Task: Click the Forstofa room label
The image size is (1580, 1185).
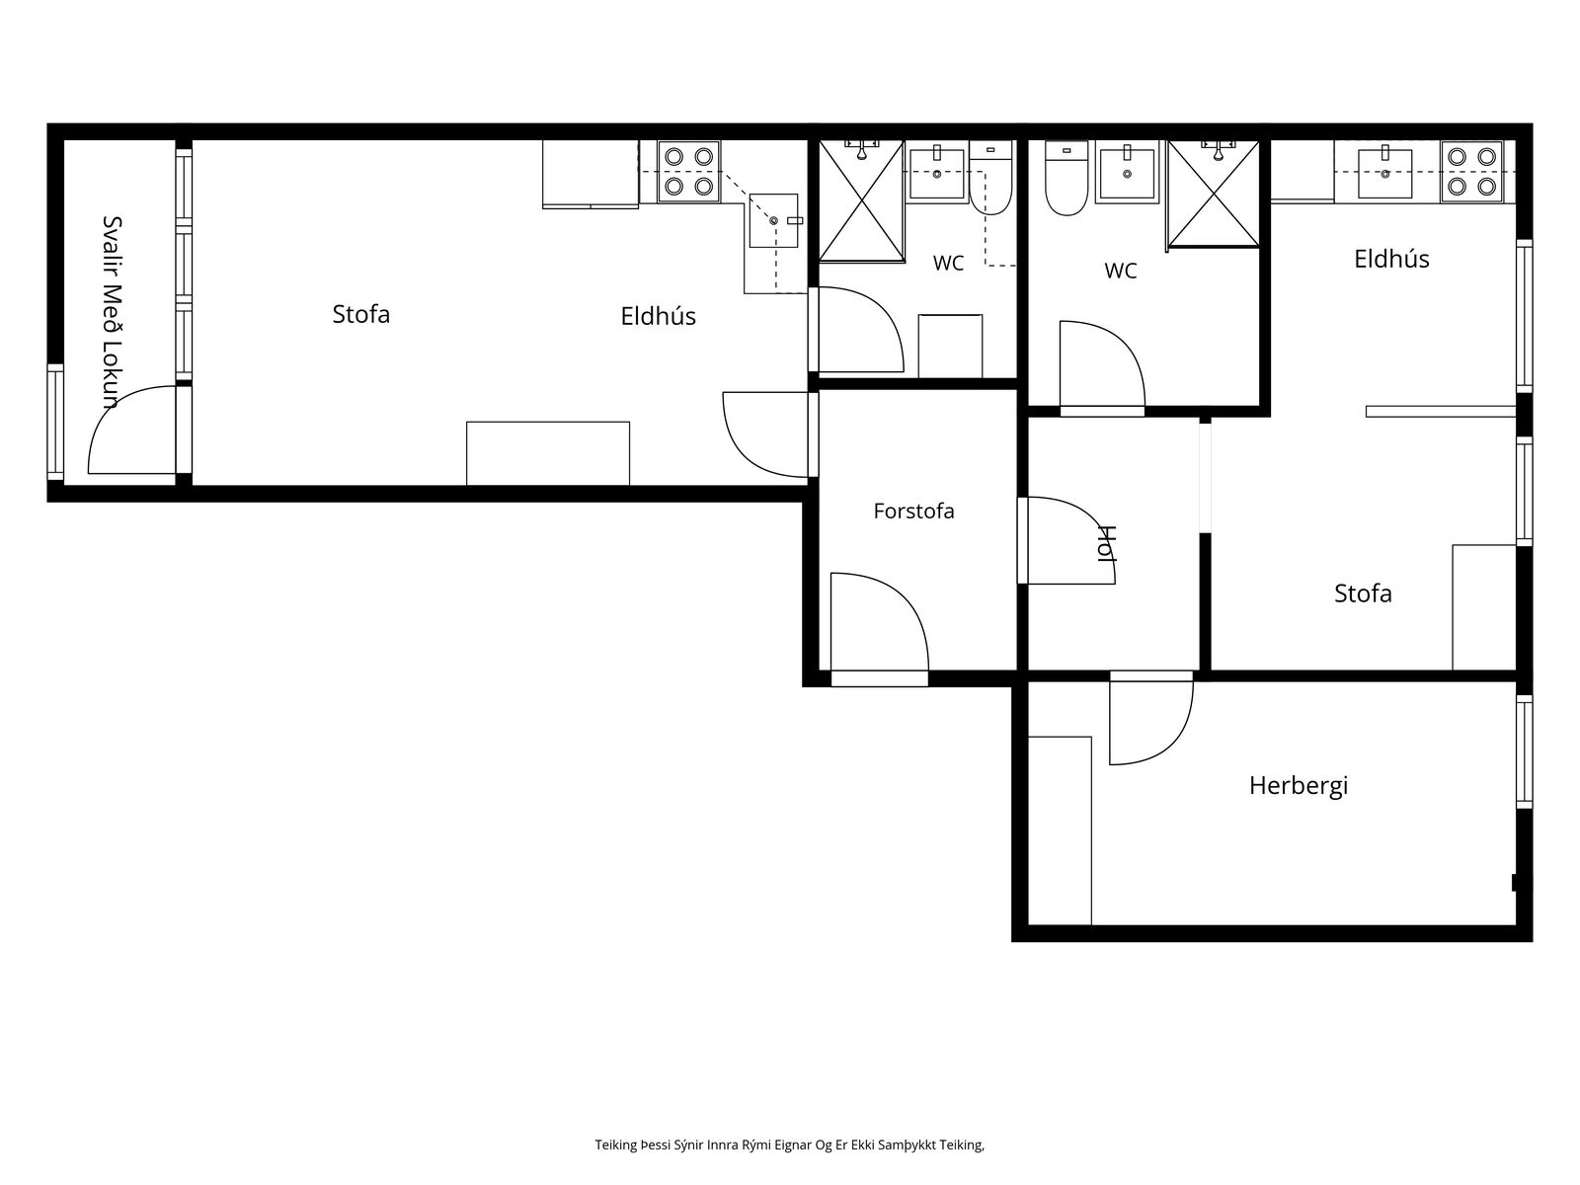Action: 913,511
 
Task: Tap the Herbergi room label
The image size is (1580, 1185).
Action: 1298,786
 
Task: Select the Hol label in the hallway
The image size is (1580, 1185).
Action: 1106,543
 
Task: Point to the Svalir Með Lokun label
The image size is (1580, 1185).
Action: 113,312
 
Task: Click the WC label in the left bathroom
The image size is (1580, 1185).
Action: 948,264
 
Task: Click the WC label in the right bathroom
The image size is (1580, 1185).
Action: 1120,271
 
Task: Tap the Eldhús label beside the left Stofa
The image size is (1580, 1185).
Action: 658,317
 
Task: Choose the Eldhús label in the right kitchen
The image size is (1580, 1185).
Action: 1391,259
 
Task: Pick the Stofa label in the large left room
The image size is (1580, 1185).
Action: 360,314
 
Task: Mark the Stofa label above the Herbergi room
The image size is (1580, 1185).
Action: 1363,593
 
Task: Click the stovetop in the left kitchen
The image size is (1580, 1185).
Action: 689,172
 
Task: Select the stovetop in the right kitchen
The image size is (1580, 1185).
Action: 1471,172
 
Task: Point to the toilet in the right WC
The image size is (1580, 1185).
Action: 1066,179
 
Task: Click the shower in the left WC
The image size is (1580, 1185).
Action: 862,200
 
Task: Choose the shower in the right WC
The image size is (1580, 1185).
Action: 1214,195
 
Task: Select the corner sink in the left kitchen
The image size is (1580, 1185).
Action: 774,220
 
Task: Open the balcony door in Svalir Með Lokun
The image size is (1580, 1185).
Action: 132,431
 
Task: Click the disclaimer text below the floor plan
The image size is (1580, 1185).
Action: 790,1145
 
